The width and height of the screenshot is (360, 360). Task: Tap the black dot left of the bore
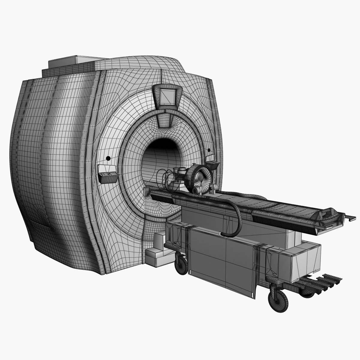[108, 158]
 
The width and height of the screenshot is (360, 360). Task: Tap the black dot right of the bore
[209, 150]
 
